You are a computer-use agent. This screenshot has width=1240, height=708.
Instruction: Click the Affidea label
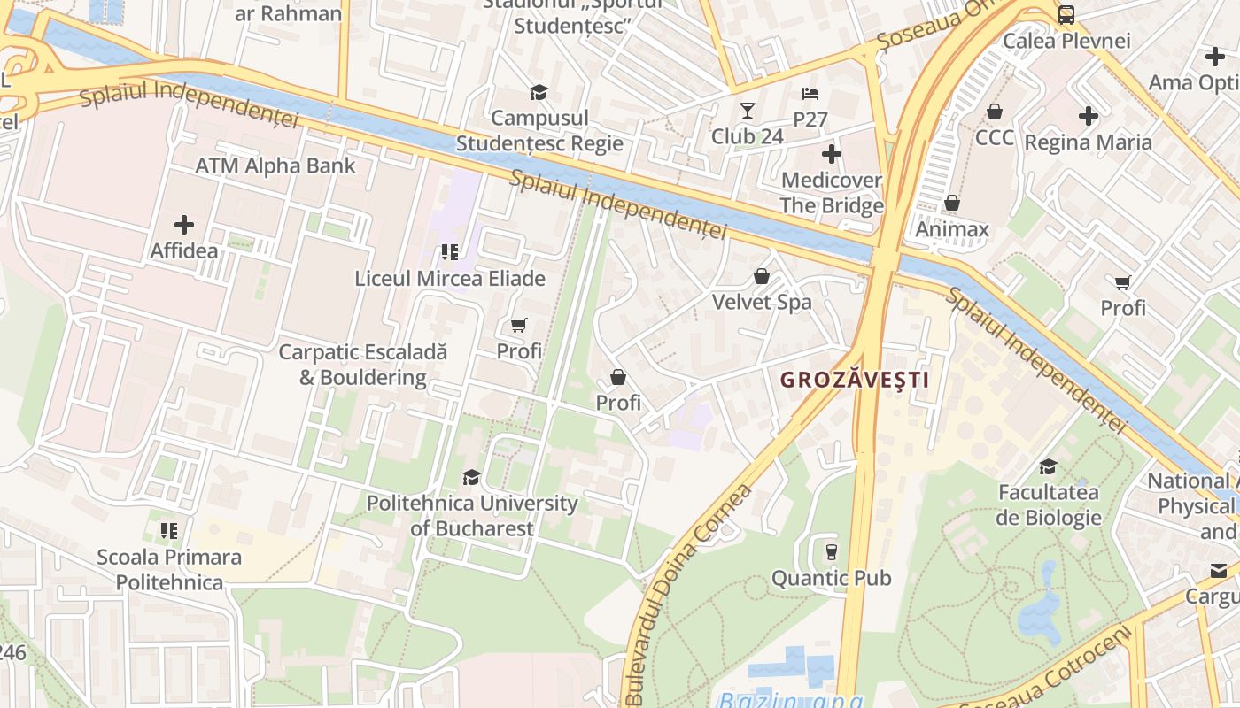pos(183,250)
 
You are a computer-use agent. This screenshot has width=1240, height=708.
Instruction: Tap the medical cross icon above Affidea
pos(184,225)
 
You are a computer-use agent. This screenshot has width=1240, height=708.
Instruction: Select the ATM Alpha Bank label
pos(275,165)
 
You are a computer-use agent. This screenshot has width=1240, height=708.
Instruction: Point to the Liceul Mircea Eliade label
pos(450,278)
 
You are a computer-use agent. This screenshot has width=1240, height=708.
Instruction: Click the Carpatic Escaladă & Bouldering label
pos(362,365)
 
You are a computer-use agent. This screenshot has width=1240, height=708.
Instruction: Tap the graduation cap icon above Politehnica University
pos(471,478)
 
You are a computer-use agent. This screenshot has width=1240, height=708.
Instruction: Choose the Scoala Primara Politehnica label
pos(169,569)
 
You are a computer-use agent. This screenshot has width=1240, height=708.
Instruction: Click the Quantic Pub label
pos(831,578)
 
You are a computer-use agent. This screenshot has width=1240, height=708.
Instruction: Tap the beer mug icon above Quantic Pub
pos(831,552)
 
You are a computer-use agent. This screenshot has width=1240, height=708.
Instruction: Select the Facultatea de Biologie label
pos(1049,504)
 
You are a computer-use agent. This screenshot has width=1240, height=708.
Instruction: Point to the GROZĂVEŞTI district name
pos(854,380)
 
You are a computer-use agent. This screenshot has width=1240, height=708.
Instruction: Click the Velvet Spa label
pos(762,302)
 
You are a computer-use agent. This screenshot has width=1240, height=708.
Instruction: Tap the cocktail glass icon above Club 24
pos(748,111)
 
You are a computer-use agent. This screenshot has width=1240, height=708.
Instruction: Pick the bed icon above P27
pos(810,94)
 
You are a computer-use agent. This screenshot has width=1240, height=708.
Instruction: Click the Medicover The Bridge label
pos(831,193)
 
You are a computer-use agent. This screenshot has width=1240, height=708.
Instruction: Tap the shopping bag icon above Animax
pos(951,204)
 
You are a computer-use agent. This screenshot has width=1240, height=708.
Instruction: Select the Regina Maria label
pos(1088,142)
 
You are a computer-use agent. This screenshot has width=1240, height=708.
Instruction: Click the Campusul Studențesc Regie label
pos(539,130)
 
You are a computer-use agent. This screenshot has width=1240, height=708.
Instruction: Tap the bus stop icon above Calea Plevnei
pos(1066,14)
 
